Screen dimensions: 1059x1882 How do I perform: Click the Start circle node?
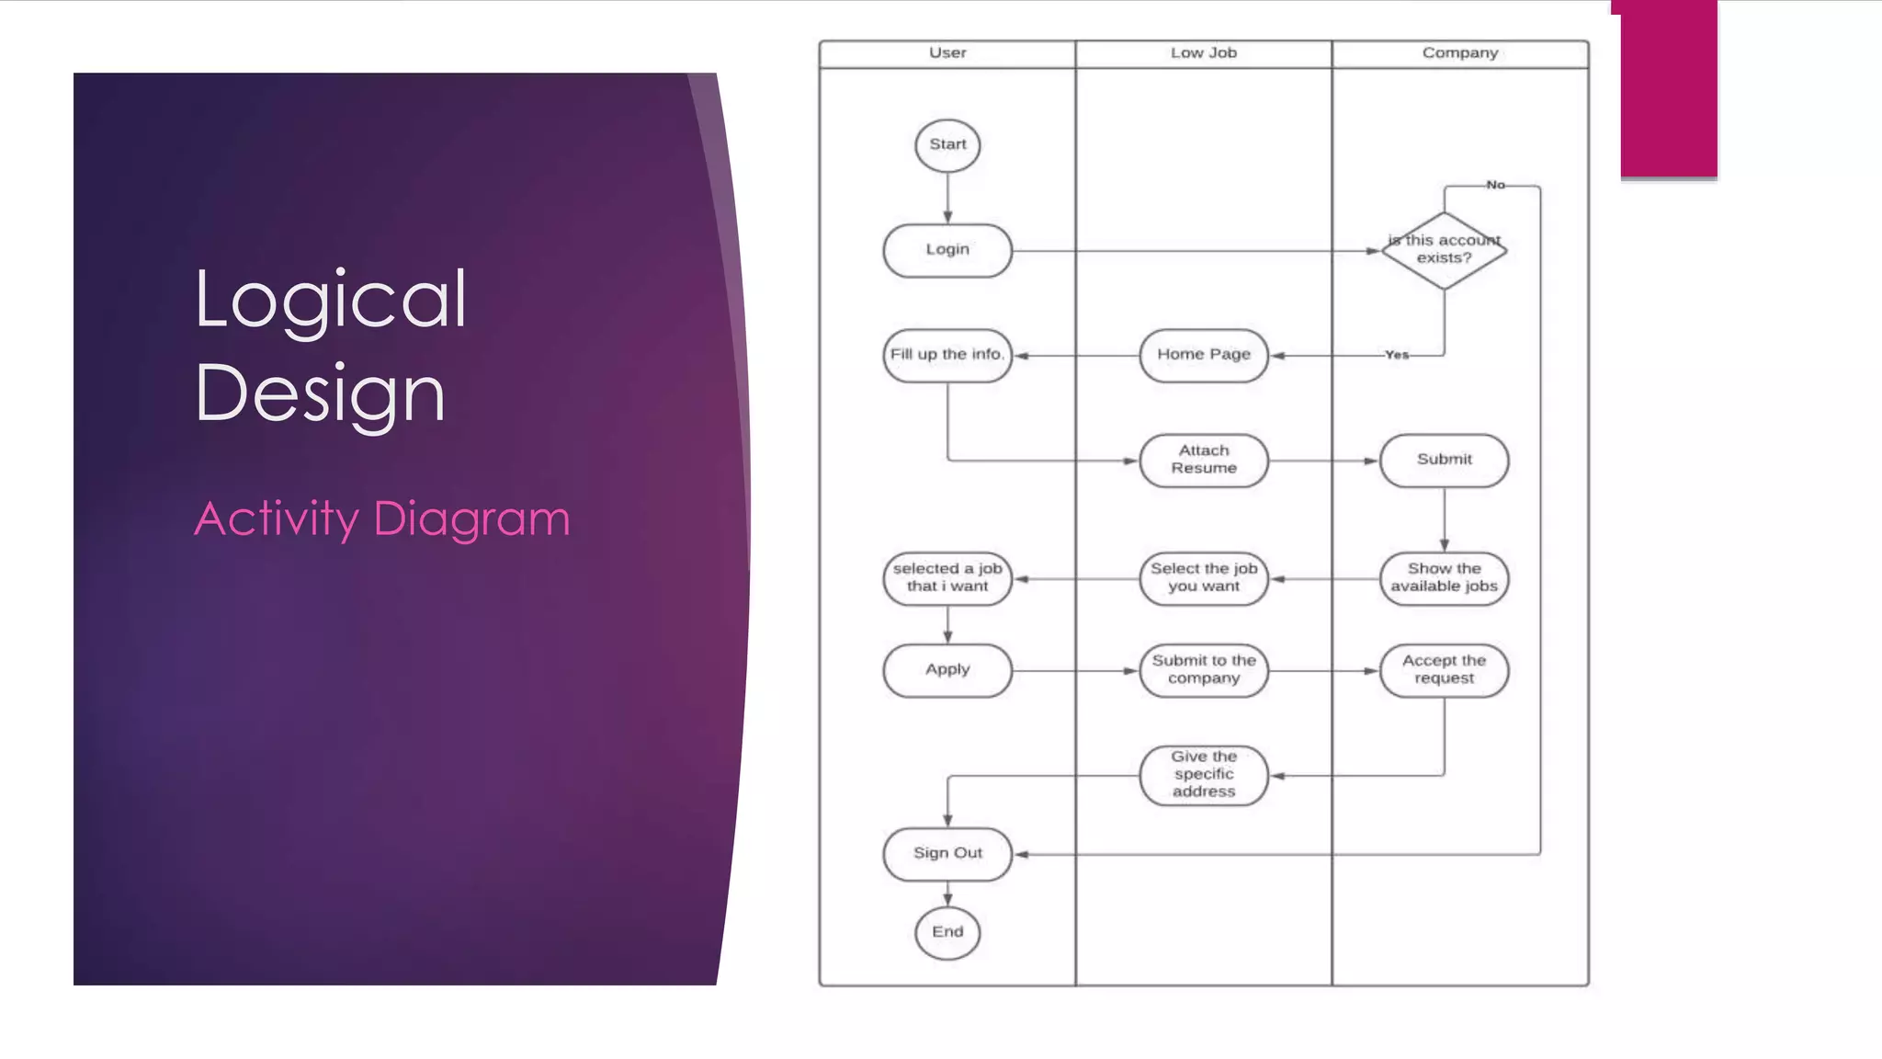947,145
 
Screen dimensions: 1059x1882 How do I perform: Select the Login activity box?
947,250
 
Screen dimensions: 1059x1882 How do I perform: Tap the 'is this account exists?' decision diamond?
1444,250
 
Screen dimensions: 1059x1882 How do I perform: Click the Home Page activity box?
1204,355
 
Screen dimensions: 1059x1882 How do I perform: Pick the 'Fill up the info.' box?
947,355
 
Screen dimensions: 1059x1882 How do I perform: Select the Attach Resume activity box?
1204,460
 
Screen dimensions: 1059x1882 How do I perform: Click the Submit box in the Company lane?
1444,460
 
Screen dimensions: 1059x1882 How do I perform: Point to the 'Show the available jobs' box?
1444,578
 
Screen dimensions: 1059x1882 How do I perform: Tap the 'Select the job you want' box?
1204,578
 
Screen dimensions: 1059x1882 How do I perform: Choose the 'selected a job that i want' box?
947,578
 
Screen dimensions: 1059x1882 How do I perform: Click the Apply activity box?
947,670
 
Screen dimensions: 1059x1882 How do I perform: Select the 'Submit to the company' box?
1204,670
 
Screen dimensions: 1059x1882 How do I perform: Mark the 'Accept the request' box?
1444,670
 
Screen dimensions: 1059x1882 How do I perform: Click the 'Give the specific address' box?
1204,775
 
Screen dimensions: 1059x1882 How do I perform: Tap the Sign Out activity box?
947,854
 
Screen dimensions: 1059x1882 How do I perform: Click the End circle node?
947,932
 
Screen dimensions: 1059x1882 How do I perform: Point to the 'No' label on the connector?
1495,185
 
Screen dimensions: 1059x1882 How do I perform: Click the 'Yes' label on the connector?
1397,355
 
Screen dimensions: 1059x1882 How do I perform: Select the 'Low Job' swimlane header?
1204,53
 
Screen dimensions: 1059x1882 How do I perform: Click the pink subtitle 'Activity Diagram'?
382,518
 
